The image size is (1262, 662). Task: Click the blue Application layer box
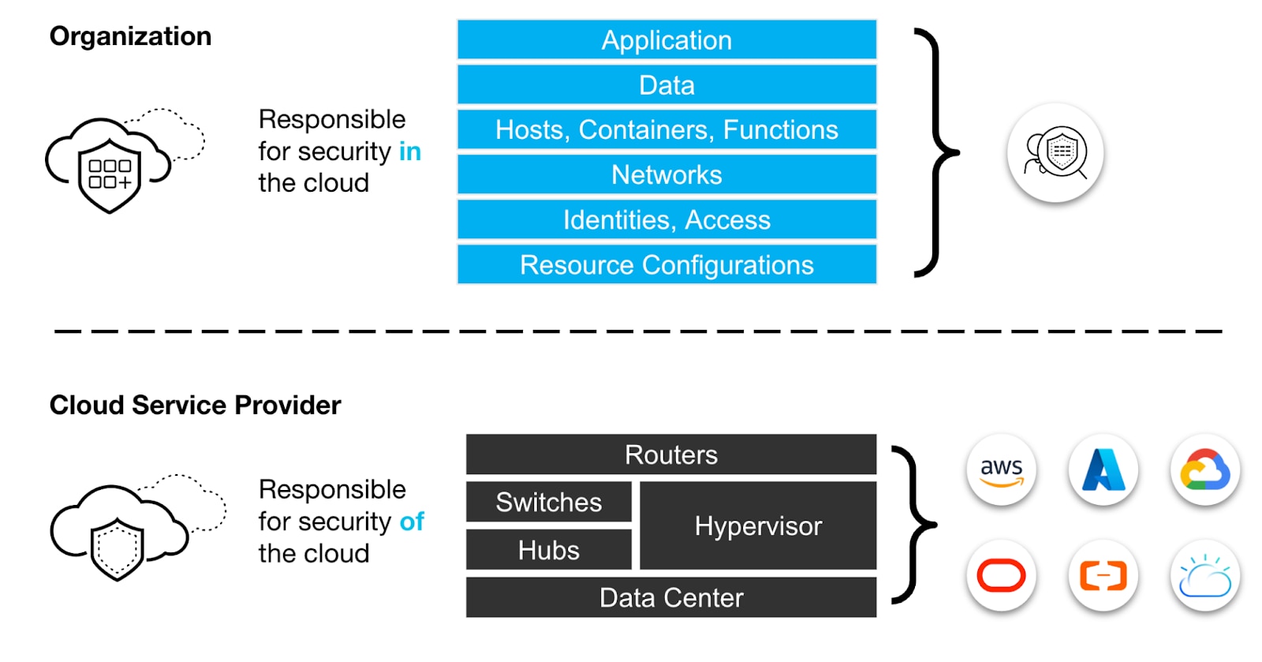666,40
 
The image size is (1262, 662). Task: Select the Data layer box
666,85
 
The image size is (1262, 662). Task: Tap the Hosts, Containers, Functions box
666,129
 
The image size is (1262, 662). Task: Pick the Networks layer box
666,174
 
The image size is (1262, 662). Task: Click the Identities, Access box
666,219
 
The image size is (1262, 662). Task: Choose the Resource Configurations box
666,265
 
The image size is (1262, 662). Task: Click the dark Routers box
670,454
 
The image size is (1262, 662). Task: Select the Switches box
548,502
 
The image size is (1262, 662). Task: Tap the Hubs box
548,550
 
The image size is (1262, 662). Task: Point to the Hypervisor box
758,525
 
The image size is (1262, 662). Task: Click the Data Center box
670,597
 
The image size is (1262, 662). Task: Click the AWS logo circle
1001,470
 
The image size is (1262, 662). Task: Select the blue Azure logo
1103,470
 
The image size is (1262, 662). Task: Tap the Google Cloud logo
1204,470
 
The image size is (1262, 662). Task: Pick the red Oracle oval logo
1001,576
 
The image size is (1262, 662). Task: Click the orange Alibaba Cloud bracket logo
1103,576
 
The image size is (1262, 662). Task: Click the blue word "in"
410,151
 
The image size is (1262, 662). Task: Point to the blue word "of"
412,522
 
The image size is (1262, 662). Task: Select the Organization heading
130,36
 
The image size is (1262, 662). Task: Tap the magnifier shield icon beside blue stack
1055,153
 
